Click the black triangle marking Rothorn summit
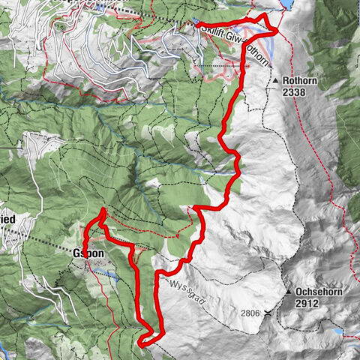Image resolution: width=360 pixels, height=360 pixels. (277, 80)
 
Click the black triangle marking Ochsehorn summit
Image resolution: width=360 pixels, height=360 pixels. (288, 291)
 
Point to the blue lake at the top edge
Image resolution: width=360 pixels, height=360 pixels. (287, 4)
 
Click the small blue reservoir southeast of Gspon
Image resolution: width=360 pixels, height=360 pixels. (109, 276)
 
